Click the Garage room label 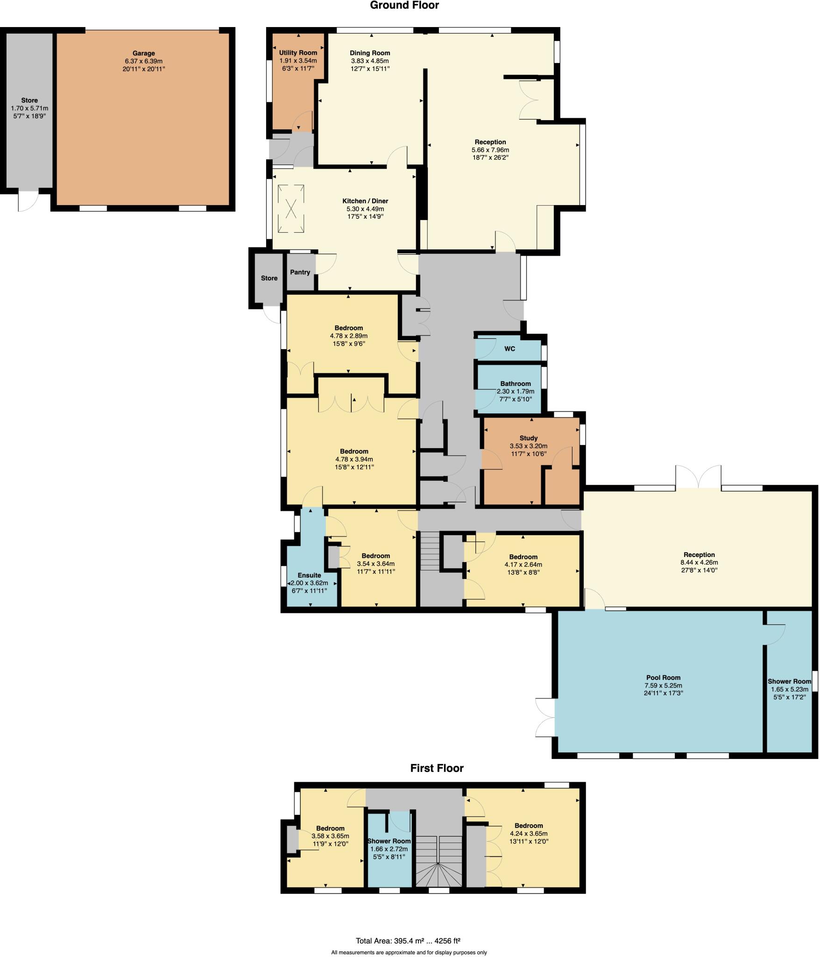pos(143,53)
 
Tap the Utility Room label pos(298,53)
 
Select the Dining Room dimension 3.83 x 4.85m pos(370,61)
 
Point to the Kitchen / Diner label pos(365,201)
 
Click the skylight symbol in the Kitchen pos(291,208)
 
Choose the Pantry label pos(300,272)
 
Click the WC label pos(509,349)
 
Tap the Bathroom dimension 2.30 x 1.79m pos(516,392)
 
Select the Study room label pos(529,438)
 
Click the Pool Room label pos(663,678)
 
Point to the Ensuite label pos(309,575)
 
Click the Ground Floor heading pos(404,6)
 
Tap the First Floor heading pos(437,768)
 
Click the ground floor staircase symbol pos(430,551)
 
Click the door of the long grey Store pos(27,201)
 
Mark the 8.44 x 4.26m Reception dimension pos(699,563)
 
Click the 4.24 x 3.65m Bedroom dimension pos(529,834)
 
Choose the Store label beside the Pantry pos(269,278)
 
